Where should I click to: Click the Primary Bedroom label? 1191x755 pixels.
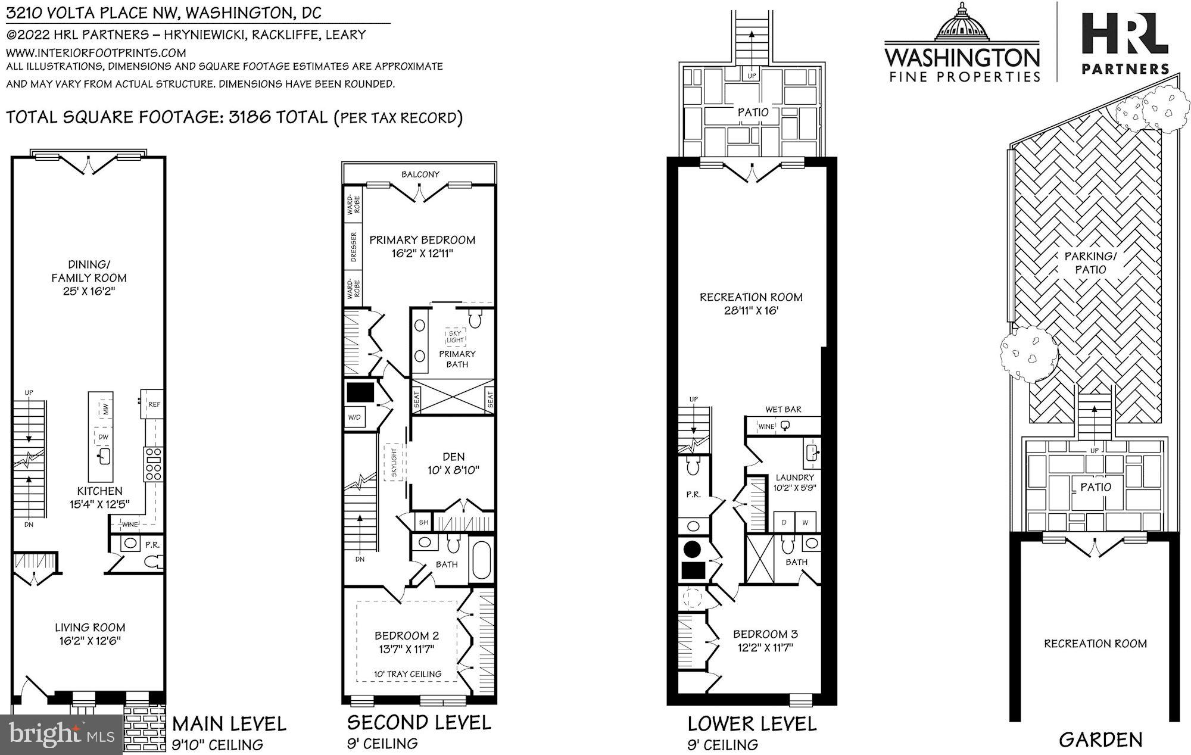[422, 240]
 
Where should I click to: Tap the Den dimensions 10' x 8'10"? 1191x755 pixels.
[453, 470]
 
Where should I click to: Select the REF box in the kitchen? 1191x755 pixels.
[154, 404]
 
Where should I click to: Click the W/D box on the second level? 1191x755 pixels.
[354, 417]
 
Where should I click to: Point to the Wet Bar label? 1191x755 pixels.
[783, 409]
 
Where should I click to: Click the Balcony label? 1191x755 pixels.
[420, 174]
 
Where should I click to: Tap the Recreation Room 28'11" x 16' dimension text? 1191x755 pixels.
[751, 311]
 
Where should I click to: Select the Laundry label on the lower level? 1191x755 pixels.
[794, 477]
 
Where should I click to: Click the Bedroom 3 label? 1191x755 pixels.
[765, 634]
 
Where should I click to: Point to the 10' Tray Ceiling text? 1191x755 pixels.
[407, 674]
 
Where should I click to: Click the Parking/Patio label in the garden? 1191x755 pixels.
[1090, 263]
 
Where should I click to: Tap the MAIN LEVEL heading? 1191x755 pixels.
[229, 724]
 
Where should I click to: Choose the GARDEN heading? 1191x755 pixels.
[1100, 740]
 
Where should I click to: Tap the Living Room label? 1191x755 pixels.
[90, 627]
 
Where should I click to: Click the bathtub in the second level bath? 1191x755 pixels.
[481, 561]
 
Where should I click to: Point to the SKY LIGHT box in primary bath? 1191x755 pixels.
[455, 336]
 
